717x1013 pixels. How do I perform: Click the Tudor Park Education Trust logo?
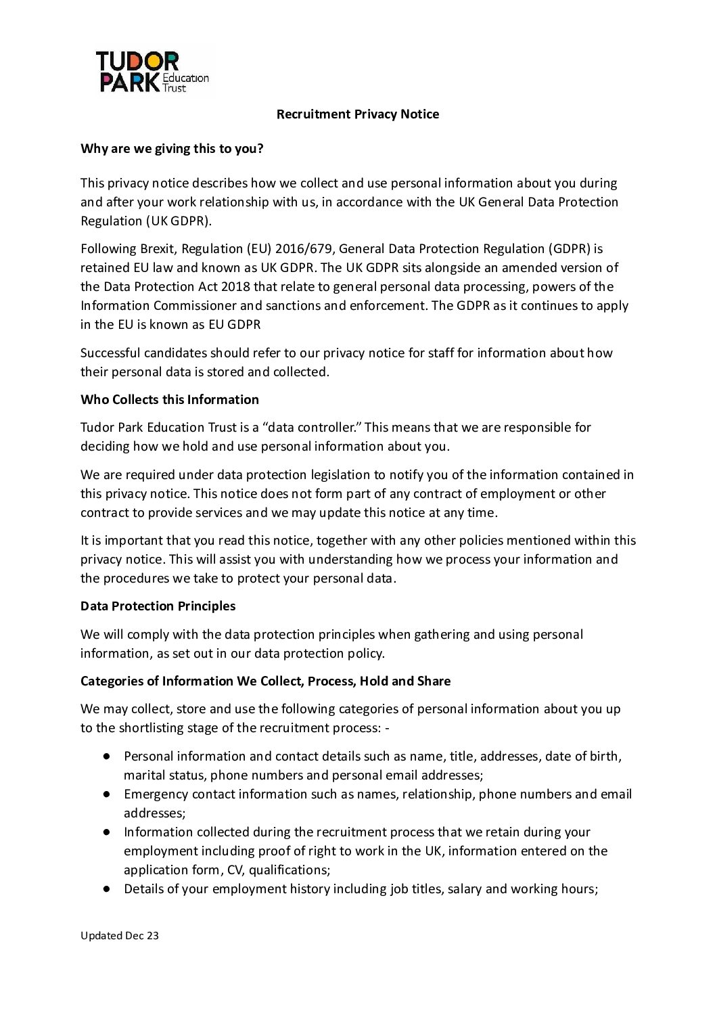(x=152, y=72)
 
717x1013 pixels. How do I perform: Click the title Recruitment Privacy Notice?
(x=357, y=114)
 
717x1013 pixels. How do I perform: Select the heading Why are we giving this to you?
(x=172, y=149)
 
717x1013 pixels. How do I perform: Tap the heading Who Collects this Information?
(x=169, y=400)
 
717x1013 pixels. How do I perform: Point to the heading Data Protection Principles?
(x=158, y=606)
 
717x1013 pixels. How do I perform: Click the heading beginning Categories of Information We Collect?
(x=265, y=681)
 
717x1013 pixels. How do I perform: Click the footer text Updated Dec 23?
(x=120, y=936)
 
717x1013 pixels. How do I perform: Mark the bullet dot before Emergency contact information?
(x=107, y=794)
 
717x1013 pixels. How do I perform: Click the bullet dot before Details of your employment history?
(x=107, y=888)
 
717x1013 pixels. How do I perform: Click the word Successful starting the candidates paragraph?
(x=110, y=353)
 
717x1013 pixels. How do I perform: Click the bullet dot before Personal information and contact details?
(x=107, y=756)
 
